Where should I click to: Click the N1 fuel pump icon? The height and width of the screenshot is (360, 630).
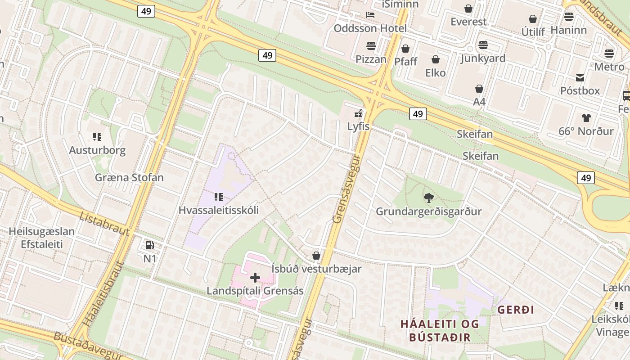click(x=149, y=245)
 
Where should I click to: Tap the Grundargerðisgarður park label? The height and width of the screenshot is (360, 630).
click(x=428, y=211)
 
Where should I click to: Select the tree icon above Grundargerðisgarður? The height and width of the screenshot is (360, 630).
click(x=428, y=198)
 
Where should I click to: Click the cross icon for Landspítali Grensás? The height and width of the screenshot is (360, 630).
click(x=255, y=278)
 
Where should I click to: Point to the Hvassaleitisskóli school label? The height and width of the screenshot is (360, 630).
click(x=219, y=210)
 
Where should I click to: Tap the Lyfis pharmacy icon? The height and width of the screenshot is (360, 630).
click(x=358, y=113)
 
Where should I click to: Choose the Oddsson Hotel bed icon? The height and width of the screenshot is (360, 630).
click(x=370, y=15)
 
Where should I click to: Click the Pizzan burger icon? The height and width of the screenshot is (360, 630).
click(x=371, y=45)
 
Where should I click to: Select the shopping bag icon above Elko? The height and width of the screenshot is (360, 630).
click(x=436, y=59)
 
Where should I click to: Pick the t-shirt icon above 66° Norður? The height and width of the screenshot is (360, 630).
click(x=586, y=118)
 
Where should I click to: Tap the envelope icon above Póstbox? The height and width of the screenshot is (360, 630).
click(x=580, y=77)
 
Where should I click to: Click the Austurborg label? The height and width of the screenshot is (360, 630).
click(x=97, y=150)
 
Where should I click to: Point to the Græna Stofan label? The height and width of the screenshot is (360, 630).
click(x=129, y=177)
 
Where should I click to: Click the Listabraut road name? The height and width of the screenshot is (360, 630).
click(x=104, y=223)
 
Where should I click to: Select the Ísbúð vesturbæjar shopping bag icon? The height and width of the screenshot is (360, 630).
click(x=316, y=256)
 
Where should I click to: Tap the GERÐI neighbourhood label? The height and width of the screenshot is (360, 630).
click(x=516, y=310)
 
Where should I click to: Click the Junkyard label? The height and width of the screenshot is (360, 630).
click(x=483, y=58)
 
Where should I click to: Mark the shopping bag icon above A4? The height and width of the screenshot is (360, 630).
click(x=479, y=89)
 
